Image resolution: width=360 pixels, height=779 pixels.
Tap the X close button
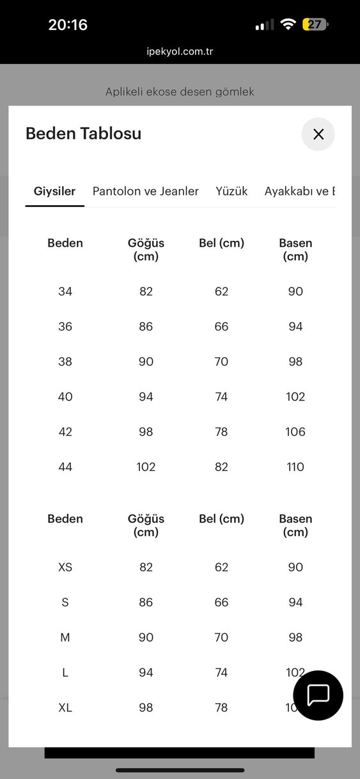(x=318, y=134)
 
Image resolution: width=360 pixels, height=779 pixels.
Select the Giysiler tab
(x=54, y=191)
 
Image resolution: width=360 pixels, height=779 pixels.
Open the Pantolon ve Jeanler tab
(x=145, y=191)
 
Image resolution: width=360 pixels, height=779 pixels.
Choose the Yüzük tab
(x=231, y=191)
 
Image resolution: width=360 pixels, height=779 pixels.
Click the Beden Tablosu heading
(x=83, y=134)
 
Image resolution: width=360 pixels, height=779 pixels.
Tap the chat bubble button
(x=318, y=695)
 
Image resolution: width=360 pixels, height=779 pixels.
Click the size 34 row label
(x=65, y=291)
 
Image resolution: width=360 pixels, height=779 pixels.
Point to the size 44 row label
(x=65, y=467)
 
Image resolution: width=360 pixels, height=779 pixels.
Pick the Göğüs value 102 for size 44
(x=146, y=467)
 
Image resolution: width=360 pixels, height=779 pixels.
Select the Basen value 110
(x=295, y=467)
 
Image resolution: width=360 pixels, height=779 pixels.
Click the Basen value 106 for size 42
(x=295, y=432)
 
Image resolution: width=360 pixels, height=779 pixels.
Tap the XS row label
(x=65, y=567)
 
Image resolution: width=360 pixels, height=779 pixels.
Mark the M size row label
(x=65, y=638)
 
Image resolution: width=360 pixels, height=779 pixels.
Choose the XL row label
(x=65, y=708)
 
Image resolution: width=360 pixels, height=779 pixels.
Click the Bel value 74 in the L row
(x=221, y=673)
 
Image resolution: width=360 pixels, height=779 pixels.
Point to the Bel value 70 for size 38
(x=221, y=362)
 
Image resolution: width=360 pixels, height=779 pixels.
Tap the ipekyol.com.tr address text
(x=179, y=52)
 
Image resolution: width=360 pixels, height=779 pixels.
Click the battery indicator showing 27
(x=315, y=25)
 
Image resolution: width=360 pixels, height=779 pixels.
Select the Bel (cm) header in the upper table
(x=221, y=243)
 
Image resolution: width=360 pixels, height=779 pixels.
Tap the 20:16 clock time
(x=68, y=25)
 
